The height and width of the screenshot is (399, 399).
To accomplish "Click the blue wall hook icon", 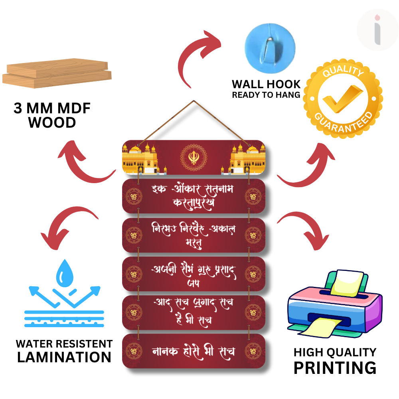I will point(270,44).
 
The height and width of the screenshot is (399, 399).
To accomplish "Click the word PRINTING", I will point(335,367).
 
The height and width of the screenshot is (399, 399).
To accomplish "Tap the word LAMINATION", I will point(64,357).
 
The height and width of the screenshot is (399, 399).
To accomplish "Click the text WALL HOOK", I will point(266,84).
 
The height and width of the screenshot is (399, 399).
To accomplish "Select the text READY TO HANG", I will point(266,95).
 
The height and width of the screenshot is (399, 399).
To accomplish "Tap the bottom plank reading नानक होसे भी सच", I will point(194,351).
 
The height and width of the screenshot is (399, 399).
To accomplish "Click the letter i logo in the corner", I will point(377,30).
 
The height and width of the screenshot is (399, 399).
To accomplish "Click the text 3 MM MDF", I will point(52,109).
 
